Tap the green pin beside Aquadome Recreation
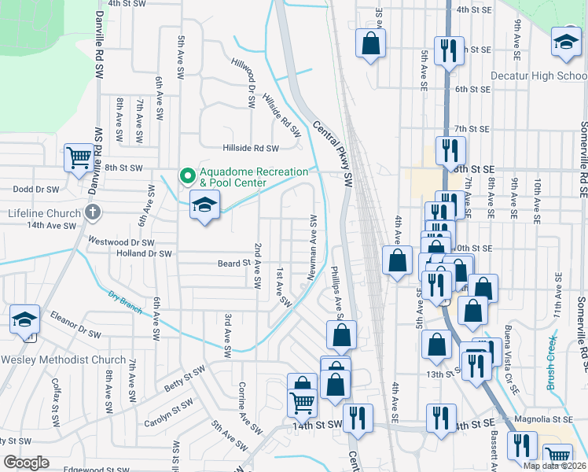point(187,175)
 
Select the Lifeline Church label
point(45,213)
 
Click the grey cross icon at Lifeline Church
point(93,212)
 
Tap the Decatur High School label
point(539,76)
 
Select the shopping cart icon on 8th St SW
point(79,158)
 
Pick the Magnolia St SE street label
point(542,420)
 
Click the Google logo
point(26,462)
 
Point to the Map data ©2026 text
point(554,466)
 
